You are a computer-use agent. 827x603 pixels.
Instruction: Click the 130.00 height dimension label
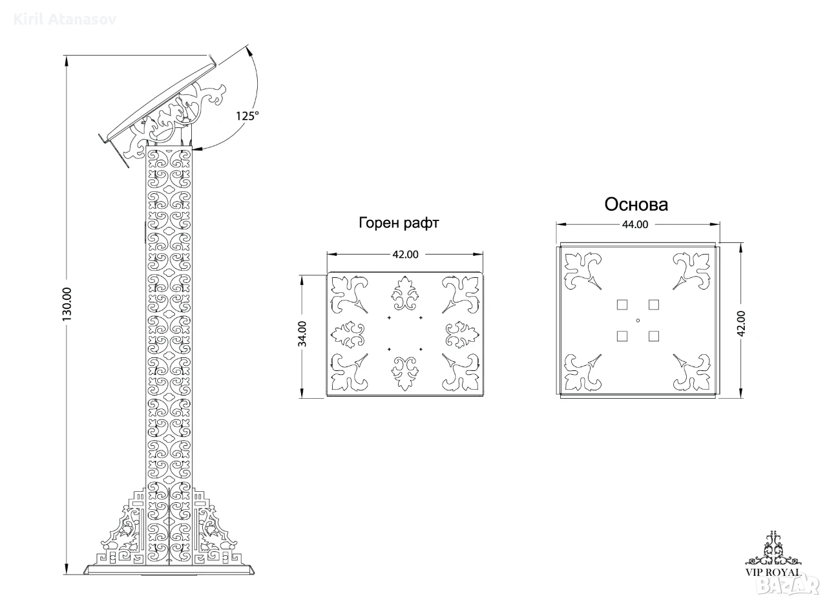pyautogui.click(x=67, y=304)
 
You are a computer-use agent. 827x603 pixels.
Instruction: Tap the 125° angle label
pyautogui.click(x=247, y=116)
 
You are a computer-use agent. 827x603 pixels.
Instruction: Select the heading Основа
pyautogui.click(x=636, y=204)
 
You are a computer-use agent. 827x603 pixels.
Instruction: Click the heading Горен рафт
pyautogui.click(x=399, y=223)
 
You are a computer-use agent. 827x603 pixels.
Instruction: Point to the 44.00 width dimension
pyautogui.click(x=635, y=224)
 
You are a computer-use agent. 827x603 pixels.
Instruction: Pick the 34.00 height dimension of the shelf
pyautogui.click(x=302, y=333)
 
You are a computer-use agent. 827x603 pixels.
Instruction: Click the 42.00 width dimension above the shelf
pyautogui.click(x=405, y=255)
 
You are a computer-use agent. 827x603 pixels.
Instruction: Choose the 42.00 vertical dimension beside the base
pyautogui.click(x=741, y=323)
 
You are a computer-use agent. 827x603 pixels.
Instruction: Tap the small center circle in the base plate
pyautogui.click(x=638, y=321)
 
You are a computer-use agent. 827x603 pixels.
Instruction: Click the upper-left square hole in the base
pyautogui.click(x=622, y=305)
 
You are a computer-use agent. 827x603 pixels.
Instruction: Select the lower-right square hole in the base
pyautogui.click(x=654, y=336)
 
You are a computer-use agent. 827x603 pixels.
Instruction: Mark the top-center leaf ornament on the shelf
pyautogui.click(x=405, y=293)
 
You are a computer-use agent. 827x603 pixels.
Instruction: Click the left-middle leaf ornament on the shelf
pyautogui.click(x=348, y=335)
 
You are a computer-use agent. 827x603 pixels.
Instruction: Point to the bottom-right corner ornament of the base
pyautogui.click(x=691, y=372)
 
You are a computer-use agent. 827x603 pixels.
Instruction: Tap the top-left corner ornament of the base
pyautogui.click(x=583, y=271)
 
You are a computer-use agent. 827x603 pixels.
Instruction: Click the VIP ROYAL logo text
pyautogui.click(x=773, y=573)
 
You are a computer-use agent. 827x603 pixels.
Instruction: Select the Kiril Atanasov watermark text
pyautogui.click(x=65, y=19)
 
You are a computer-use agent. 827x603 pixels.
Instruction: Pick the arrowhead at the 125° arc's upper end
pyautogui.click(x=249, y=51)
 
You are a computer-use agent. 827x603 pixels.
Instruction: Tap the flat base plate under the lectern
pyautogui.click(x=169, y=569)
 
